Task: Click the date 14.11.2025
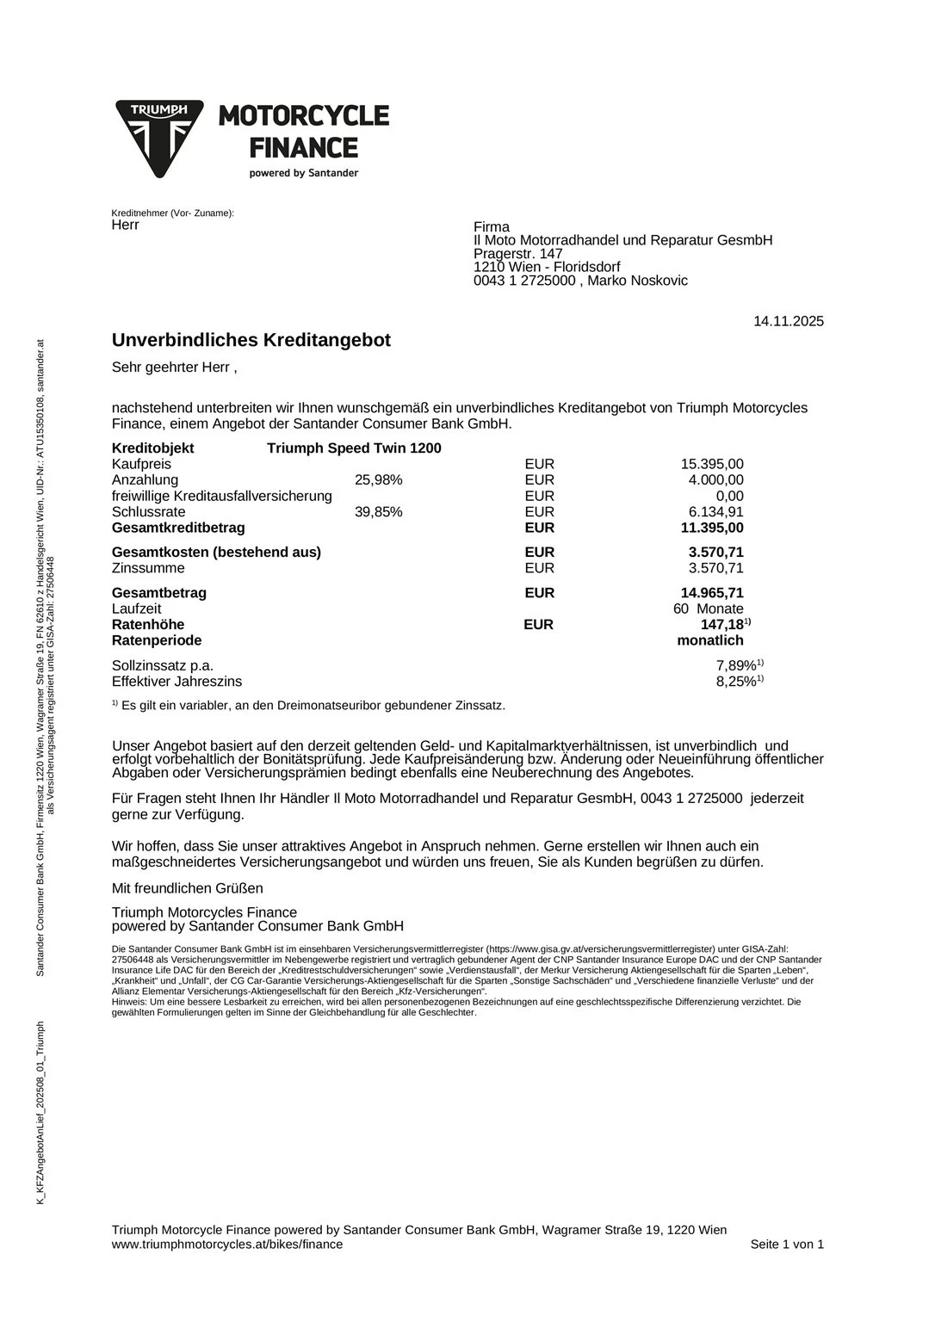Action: (788, 322)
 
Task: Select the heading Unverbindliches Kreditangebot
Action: (251, 340)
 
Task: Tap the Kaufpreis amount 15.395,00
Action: (712, 464)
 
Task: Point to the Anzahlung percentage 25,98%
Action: (378, 480)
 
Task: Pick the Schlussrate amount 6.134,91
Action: (715, 512)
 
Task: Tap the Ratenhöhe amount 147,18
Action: (721, 625)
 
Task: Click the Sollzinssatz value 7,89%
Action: (736, 665)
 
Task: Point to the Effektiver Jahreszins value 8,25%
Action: (736, 682)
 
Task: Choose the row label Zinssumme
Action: (148, 568)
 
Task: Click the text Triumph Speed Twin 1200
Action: (354, 448)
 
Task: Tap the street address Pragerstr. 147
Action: (517, 254)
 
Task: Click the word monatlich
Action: (710, 640)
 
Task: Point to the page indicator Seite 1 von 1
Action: (787, 1244)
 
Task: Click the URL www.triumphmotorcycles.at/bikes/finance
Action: (227, 1244)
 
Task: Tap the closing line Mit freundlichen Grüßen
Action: (188, 888)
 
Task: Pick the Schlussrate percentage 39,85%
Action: (378, 512)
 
